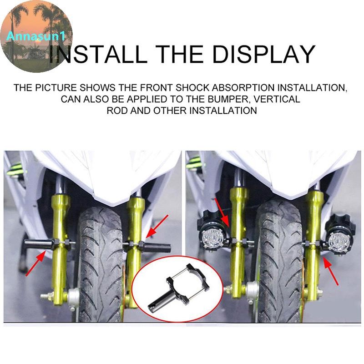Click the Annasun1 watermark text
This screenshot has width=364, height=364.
36,36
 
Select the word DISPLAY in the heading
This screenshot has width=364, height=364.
264,54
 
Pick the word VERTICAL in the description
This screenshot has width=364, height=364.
277,99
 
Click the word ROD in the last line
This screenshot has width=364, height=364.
117,111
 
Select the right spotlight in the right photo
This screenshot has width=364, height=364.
340,235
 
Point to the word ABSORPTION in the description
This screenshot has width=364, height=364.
243,88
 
